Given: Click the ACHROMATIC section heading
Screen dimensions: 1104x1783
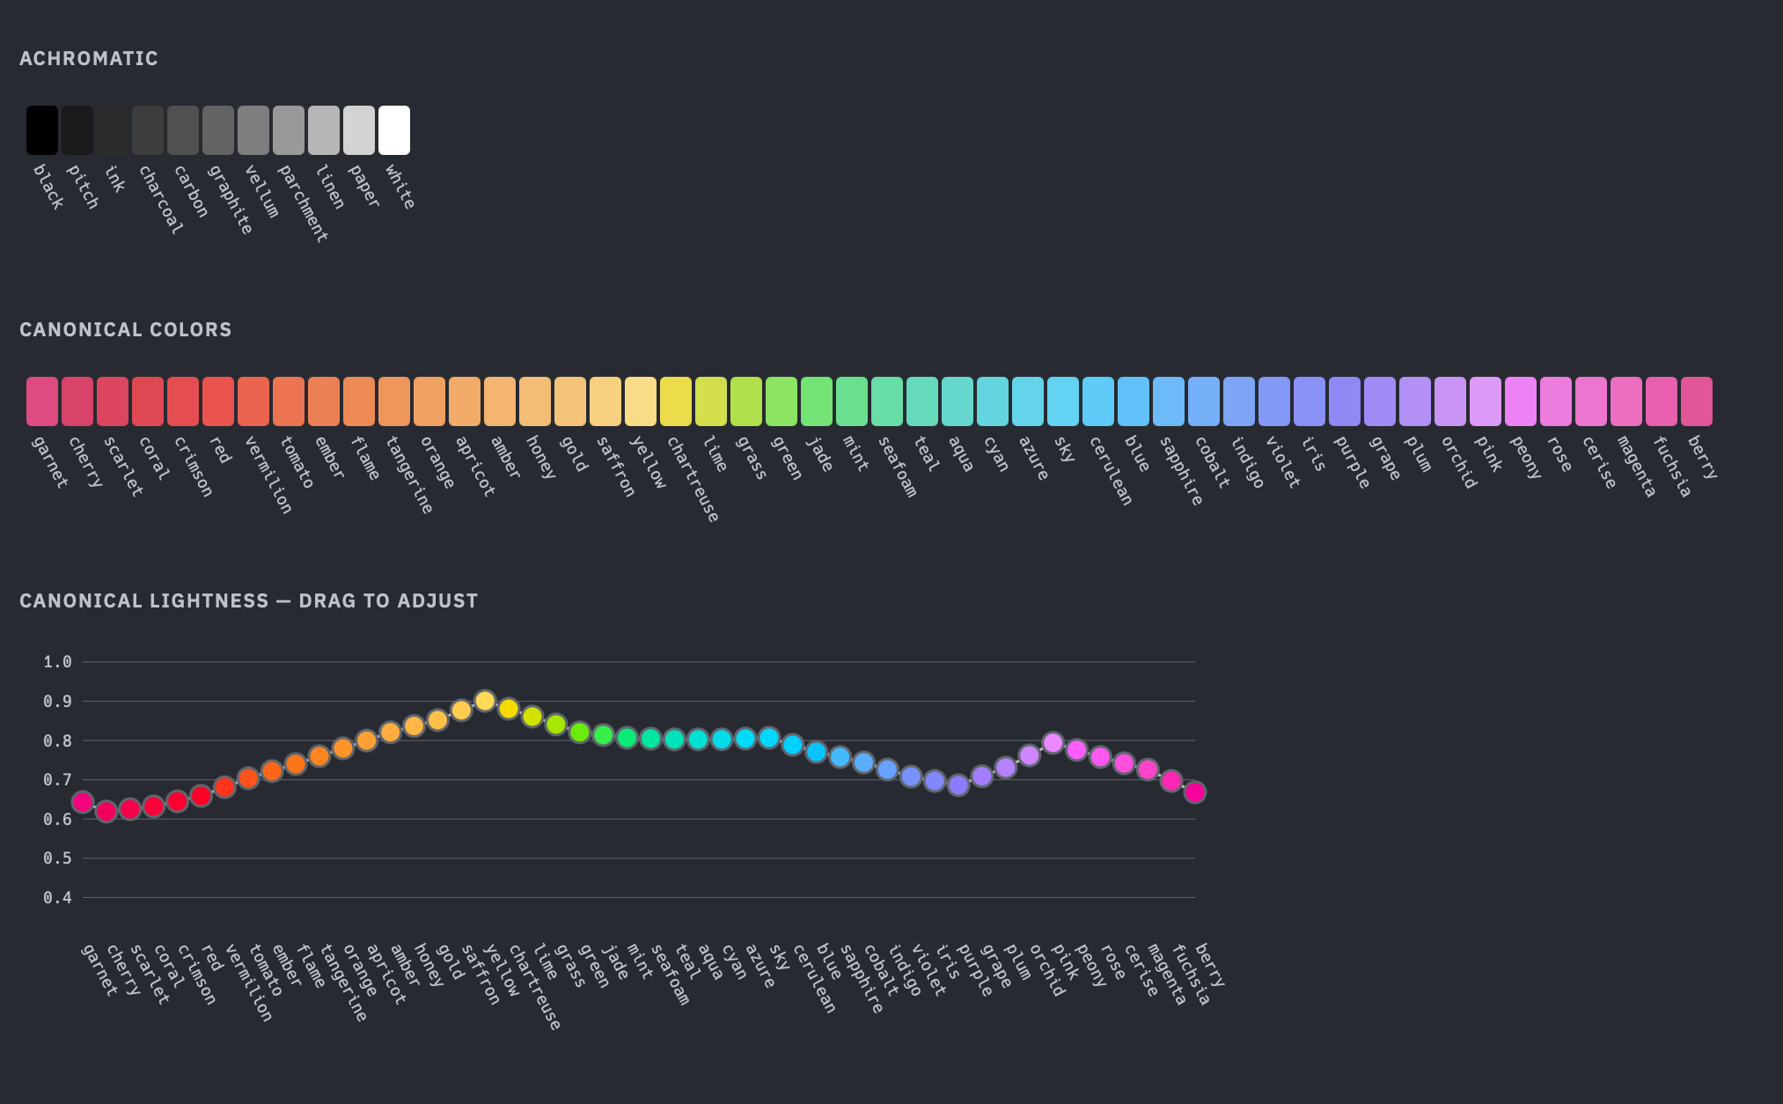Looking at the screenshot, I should pos(89,59).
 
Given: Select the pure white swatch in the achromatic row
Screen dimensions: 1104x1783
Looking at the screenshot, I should pos(394,130).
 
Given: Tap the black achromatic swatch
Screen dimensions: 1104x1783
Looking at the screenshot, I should pos(42,130).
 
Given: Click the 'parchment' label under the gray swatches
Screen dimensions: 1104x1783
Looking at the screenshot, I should pos(303,202).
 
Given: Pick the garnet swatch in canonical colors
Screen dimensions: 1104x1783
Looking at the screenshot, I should pos(42,401).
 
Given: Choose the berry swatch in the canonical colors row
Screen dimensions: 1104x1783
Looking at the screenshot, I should pos(1697,401).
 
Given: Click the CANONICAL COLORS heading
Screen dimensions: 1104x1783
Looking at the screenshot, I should pos(126,330).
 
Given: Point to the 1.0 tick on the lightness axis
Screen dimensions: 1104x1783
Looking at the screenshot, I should pos(57,662).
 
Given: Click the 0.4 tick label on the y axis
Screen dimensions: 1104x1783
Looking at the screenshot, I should pos(57,898).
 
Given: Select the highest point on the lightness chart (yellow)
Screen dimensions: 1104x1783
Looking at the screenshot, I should pos(485,701).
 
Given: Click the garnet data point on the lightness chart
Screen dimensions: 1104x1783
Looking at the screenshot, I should pos(83,802).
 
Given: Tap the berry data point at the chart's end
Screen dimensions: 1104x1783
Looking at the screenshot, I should pos(1195,792).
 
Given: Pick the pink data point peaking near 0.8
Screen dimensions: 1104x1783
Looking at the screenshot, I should pos(1053,743).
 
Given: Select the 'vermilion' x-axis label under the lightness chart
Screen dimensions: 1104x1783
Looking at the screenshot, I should pos(248,983).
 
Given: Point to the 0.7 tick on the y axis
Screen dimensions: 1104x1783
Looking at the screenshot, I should pos(57,780).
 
